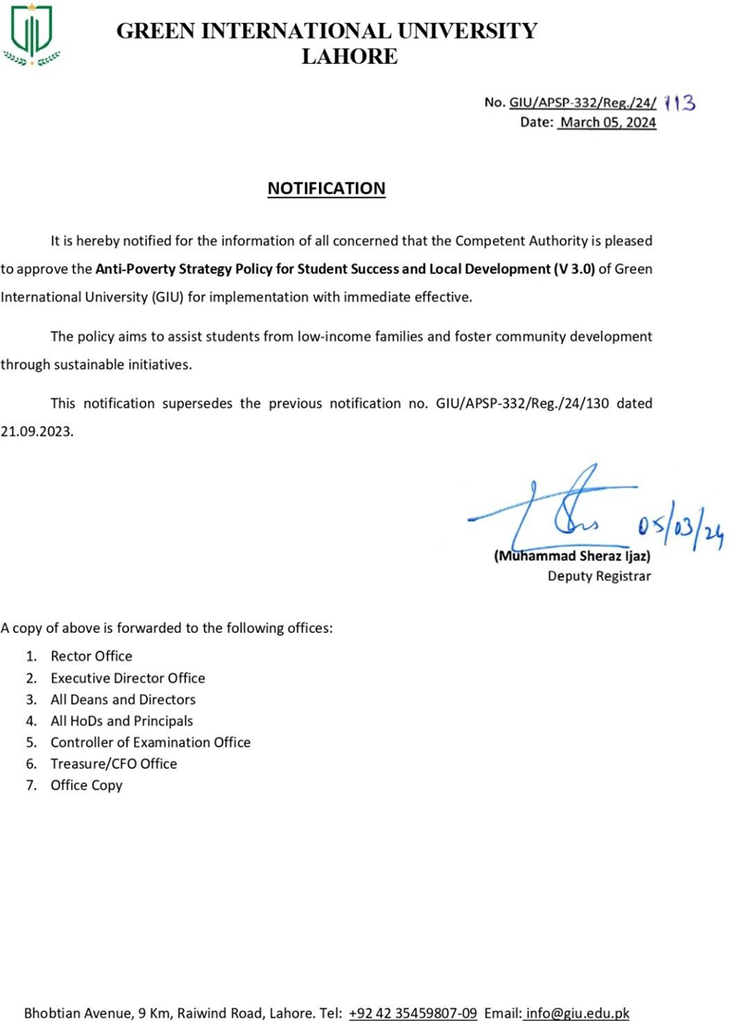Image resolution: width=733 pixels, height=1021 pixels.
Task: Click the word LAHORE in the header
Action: (350, 57)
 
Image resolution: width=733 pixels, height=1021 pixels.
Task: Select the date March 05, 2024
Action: (607, 122)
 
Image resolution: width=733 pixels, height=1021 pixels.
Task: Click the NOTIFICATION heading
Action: (326, 188)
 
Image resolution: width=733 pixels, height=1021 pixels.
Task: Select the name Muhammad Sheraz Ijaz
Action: (573, 556)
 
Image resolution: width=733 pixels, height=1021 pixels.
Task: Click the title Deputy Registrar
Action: (599, 577)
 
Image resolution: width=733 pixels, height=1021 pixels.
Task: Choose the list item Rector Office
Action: (92, 656)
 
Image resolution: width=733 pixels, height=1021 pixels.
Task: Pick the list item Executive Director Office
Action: (128, 678)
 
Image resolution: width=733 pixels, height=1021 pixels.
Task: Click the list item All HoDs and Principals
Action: (122, 721)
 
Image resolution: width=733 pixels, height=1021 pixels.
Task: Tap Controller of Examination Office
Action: (151, 742)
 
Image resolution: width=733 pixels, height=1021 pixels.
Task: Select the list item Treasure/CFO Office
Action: (114, 763)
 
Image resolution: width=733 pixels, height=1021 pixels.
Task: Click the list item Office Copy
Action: (87, 785)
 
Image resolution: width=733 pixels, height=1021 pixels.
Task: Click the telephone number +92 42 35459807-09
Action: (413, 1013)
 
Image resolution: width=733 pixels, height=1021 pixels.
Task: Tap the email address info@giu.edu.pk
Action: (577, 1013)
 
